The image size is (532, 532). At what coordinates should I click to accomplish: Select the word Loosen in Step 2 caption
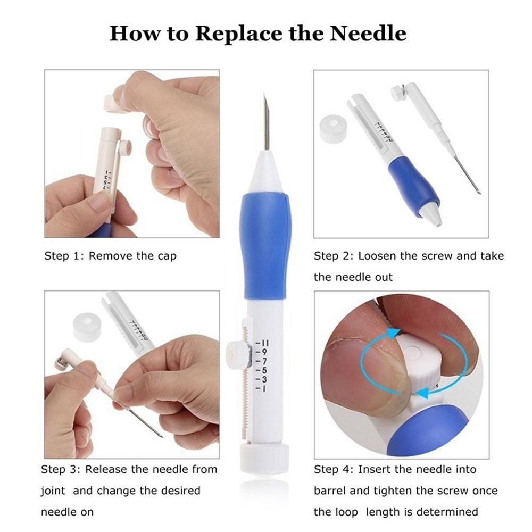coord(377,256)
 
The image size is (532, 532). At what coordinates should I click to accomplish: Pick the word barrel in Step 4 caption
coord(329,491)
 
